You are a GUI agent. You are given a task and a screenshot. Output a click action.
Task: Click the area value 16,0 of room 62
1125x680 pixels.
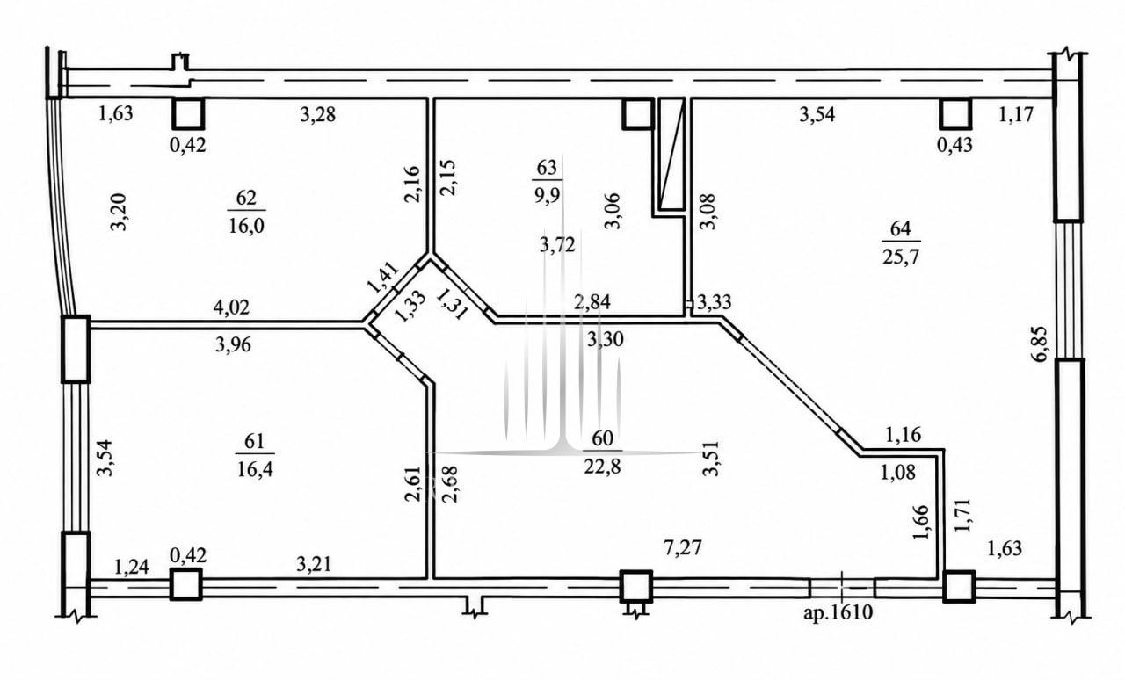point(246,226)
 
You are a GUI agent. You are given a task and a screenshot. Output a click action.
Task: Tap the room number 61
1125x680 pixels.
point(254,441)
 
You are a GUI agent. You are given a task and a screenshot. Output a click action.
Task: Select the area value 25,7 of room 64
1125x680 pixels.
point(901,257)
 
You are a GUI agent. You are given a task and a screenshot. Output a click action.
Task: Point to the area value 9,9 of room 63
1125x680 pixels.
point(547,194)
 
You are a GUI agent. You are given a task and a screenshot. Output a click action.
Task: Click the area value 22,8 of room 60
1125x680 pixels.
point(602,467)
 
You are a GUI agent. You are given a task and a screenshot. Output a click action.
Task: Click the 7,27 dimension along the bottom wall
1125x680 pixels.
point(683,547)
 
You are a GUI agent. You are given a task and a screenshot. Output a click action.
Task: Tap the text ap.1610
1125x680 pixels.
point(838,612)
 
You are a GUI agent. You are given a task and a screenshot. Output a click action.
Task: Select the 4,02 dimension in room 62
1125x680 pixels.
point(231,307)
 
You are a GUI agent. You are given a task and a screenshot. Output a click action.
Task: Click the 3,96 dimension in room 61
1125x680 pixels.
point(233,344)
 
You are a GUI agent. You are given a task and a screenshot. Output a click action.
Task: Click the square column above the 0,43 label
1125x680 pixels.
point(955,113)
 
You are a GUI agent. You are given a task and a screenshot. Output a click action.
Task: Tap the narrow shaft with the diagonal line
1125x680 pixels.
point(671,154)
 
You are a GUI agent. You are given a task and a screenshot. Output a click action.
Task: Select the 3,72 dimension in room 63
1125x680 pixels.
point(557,244)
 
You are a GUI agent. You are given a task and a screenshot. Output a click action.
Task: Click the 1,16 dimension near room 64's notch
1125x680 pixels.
point(903,434)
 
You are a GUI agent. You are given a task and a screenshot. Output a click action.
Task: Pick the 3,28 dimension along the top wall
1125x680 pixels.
point(318,114)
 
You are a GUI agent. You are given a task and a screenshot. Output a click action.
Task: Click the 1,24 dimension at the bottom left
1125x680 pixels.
point(132,567)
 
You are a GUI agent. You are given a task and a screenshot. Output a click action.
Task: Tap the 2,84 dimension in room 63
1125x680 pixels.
point(592,302)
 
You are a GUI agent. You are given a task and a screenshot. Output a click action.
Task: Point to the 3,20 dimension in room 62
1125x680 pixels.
point(119,212)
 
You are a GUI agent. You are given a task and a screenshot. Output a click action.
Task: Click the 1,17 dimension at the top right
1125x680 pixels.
point(1016,114)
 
